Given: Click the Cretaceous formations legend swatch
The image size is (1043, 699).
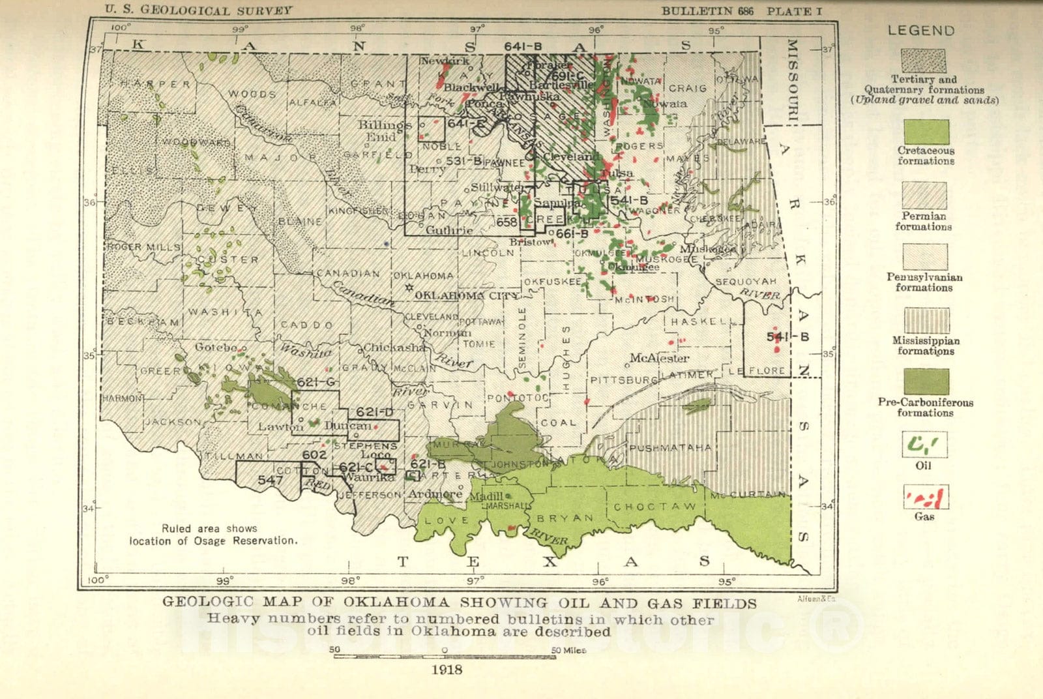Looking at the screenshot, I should pos(925,132).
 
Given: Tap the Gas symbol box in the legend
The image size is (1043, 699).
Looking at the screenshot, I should pos(925,498).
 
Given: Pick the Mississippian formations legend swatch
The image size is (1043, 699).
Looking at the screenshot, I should pos(926,320).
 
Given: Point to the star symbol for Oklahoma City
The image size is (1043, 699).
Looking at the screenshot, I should pos(409,288).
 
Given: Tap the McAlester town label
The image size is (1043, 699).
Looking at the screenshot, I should pos(659,358).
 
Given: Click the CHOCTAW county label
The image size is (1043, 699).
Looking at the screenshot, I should pos(654,507).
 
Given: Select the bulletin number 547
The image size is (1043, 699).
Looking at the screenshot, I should pos(270,480).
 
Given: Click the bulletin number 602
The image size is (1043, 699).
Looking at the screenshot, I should pos(314,454).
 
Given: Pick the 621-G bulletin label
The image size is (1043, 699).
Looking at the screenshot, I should pos(316,382).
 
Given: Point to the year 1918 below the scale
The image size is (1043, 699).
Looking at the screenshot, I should pos(447,670).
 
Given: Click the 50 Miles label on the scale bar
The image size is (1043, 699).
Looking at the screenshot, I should pos(568,650).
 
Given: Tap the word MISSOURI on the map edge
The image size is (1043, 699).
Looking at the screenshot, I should pos(792,81).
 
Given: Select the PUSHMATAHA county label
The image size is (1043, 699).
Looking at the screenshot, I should pos(669,448).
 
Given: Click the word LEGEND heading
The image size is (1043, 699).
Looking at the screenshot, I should pos(920,31).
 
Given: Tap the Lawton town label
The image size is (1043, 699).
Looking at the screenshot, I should pos(280,427).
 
